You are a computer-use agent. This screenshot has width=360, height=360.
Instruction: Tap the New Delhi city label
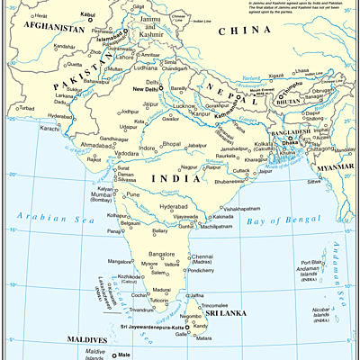[148, 90]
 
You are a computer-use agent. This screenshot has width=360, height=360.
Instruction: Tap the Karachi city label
[50, 128]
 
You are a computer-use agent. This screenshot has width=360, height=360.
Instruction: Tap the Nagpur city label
[189, 167]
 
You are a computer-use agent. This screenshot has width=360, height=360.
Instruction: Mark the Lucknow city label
[185, 105]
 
